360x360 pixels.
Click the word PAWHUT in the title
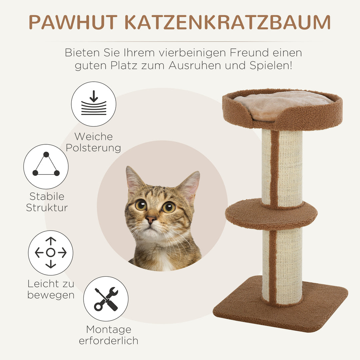tap(73, 22)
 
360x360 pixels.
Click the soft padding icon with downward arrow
tap(94, 104)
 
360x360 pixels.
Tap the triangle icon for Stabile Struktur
tap(46, 166)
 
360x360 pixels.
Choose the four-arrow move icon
tap(51, 253)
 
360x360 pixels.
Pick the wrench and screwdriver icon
tap(106, 299)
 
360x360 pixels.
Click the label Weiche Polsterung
tap(93, 142)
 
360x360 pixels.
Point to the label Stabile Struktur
tap(47, 202)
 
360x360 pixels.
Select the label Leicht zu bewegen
tap(51, 289)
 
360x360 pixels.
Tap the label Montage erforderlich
tap(108, 335)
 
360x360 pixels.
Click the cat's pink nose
tap(151, 219)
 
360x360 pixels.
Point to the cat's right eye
tap(168, 207)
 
